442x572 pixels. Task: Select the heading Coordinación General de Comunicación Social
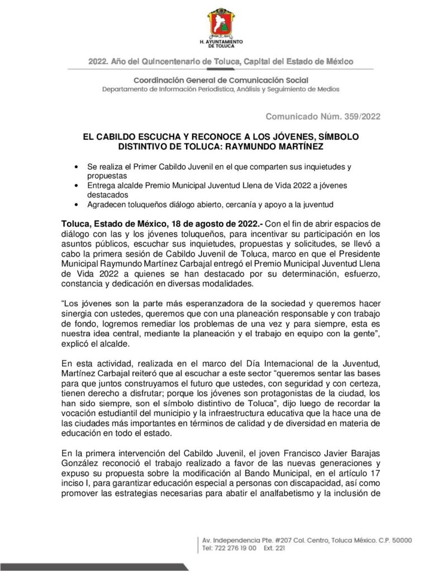(220, 80)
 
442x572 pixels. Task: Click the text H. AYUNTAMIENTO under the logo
(221, 42)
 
